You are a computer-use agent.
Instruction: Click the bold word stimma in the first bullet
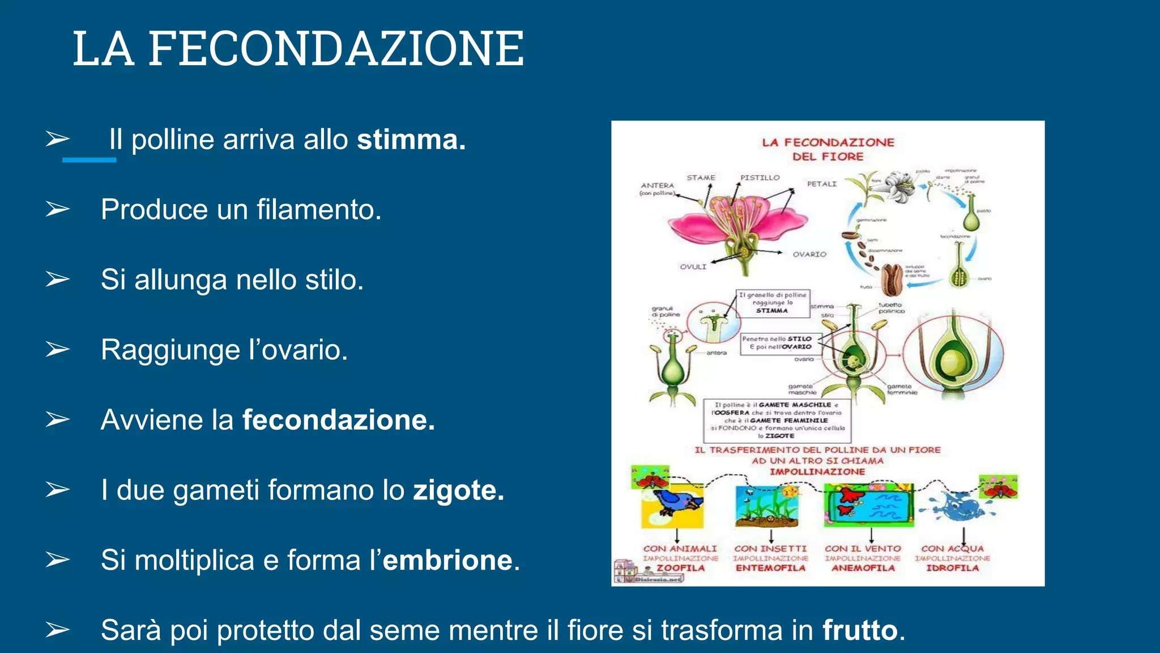(x=411, y=140)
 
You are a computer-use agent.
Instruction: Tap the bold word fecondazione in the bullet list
(x=338, y=420)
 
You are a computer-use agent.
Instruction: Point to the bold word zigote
(x=458, y=490)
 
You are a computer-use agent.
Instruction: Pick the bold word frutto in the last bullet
(x=860, y=630)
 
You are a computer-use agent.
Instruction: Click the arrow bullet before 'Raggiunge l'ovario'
(x=58, y=349)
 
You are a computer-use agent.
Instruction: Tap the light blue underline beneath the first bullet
(x=89, y=160)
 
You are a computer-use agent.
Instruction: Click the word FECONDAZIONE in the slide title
(x=336, y=49)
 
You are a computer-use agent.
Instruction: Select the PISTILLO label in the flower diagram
(x=760, y=178)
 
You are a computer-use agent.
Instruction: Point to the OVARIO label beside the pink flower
(x=809, y=255)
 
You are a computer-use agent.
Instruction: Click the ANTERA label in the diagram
(x=657, y=185)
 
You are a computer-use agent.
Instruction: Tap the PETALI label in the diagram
(x=821, y=184)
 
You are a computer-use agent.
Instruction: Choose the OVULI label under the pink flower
(x=693, y=267)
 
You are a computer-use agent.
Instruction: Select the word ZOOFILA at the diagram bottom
(x=680, y=568)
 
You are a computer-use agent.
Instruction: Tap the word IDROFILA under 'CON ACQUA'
(x=952, y=568)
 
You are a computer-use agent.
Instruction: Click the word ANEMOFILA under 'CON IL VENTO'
(x=863, y=568)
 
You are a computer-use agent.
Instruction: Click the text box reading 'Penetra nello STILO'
(x=781, y=343)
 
